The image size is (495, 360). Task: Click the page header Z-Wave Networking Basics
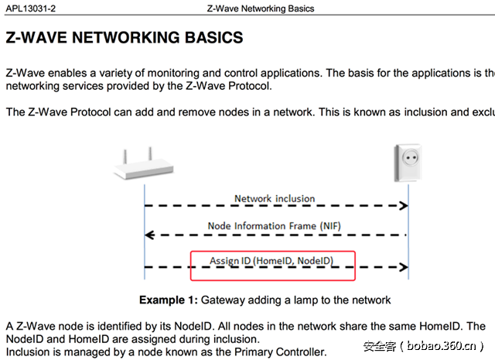[x=261, y=9]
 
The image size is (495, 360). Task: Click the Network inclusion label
[x=275, y=198]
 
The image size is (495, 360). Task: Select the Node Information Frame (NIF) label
[x=273, y=226]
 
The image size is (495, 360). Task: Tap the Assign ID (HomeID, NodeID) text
[x=271, y=261]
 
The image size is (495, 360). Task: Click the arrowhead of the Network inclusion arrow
[x=403, y=206]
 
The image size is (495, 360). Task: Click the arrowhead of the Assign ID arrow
[x=403, y=268]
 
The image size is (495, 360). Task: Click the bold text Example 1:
[x=168, y=300]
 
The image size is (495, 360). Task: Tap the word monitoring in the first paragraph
[x=164, y=73]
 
